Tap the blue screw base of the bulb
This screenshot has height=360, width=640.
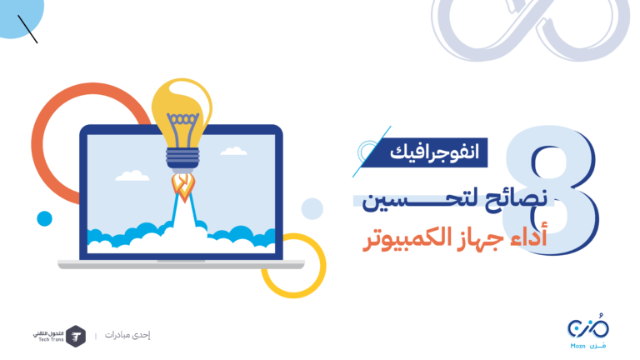tap(182, 158)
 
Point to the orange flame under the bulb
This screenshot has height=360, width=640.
tap(183, 187)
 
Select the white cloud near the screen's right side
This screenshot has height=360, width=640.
tap(233, 151)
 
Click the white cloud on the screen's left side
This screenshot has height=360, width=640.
tap(132, 176)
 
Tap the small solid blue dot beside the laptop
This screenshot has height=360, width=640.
tap(44, 218)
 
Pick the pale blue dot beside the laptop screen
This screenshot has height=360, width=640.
tap(312, 208)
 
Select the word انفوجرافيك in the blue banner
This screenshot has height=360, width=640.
tap(434, 152)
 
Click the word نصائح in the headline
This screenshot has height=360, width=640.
tap(516, 199)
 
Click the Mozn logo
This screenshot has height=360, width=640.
tap(588, 332)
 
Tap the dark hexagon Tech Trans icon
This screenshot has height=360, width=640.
tap(76, 337)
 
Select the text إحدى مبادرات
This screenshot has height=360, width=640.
tap(127, 335)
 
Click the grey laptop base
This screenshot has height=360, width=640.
tap(181, 264)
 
